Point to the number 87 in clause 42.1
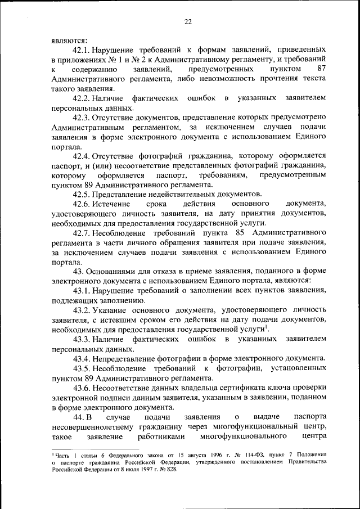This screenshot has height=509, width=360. pos(321,69)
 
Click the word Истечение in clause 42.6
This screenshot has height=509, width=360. pos(111,203)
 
